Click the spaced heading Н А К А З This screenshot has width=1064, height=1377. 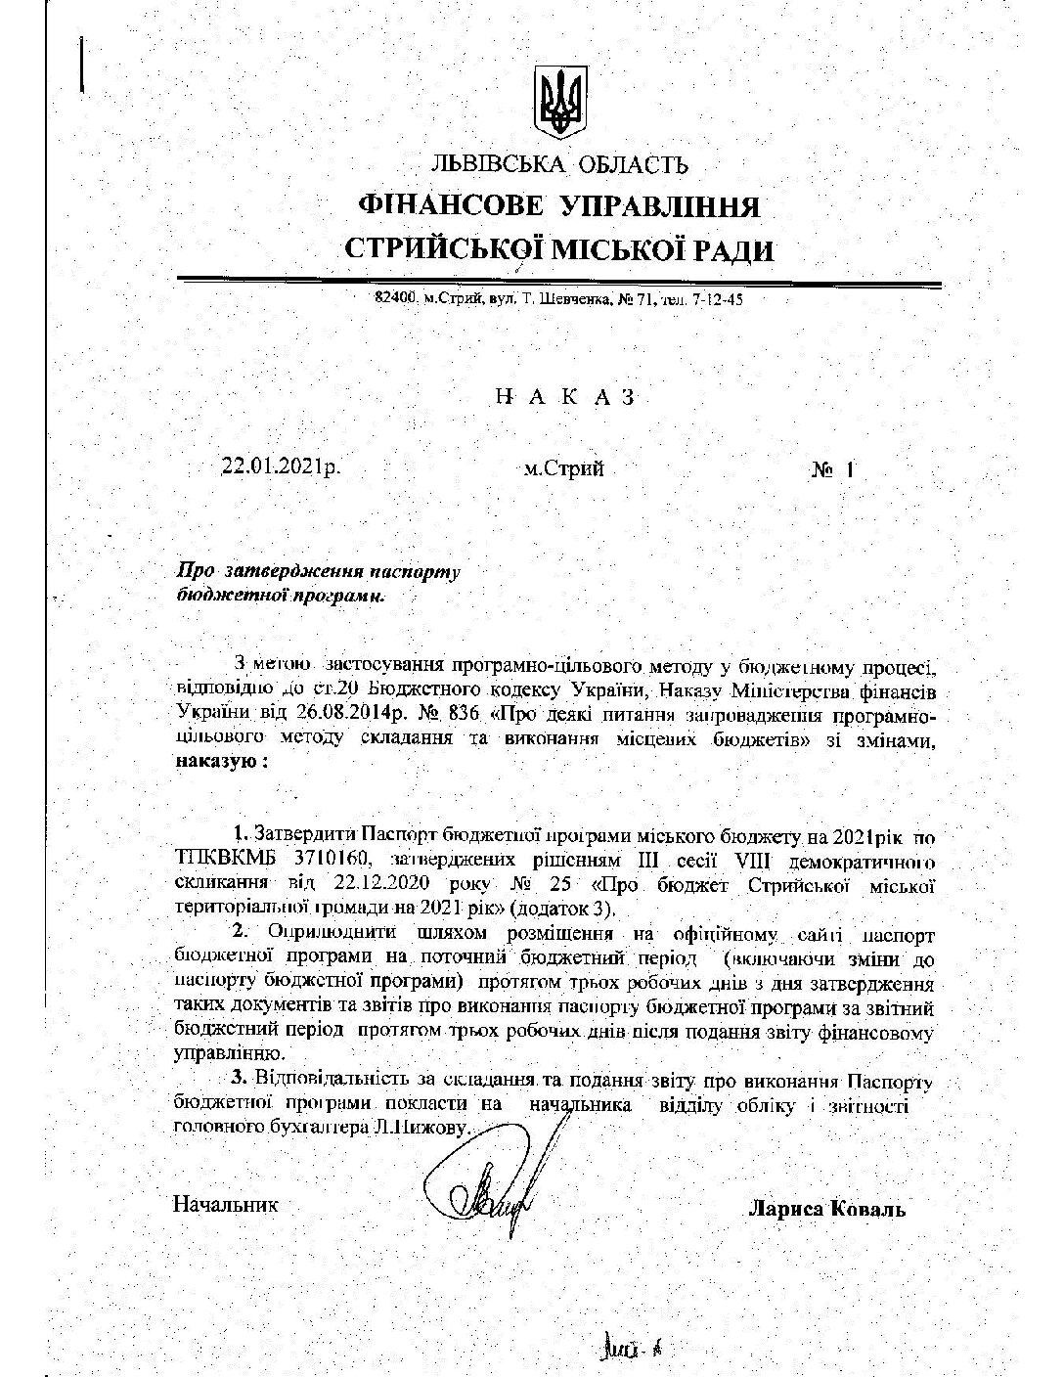[x=566, y=397]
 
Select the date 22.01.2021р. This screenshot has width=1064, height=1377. [x=282, y=467]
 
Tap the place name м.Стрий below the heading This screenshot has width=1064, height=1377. [x=563, y=468]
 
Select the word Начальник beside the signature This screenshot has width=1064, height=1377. [x=225, y=1204]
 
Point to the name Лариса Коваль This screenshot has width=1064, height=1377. [x=826, y=1209]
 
